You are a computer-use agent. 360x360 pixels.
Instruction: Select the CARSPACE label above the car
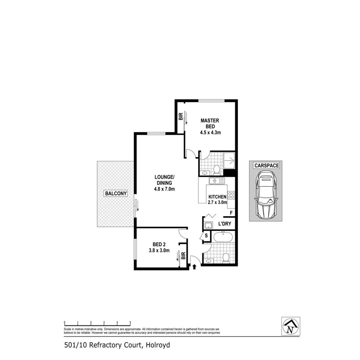tap(266, 165)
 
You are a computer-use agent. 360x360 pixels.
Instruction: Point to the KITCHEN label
tap(217, 197)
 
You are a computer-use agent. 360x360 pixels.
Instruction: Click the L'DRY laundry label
tap(225, 224)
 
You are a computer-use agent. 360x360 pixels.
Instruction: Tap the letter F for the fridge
tap(231, 213)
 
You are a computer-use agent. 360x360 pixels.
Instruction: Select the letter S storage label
tap(206, 236)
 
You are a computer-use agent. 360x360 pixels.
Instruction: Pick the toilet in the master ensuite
tap(216, 170)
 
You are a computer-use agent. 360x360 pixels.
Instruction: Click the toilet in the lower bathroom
tap(226, 258)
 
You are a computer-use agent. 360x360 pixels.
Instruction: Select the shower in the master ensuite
tap(230, 161)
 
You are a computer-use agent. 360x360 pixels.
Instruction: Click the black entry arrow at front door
tap(195, 266)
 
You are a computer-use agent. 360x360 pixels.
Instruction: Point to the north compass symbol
tap(290, 326)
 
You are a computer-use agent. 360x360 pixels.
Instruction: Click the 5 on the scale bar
tap(130, 323)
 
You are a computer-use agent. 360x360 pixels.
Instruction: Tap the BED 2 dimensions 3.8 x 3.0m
tap(159, 251)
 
